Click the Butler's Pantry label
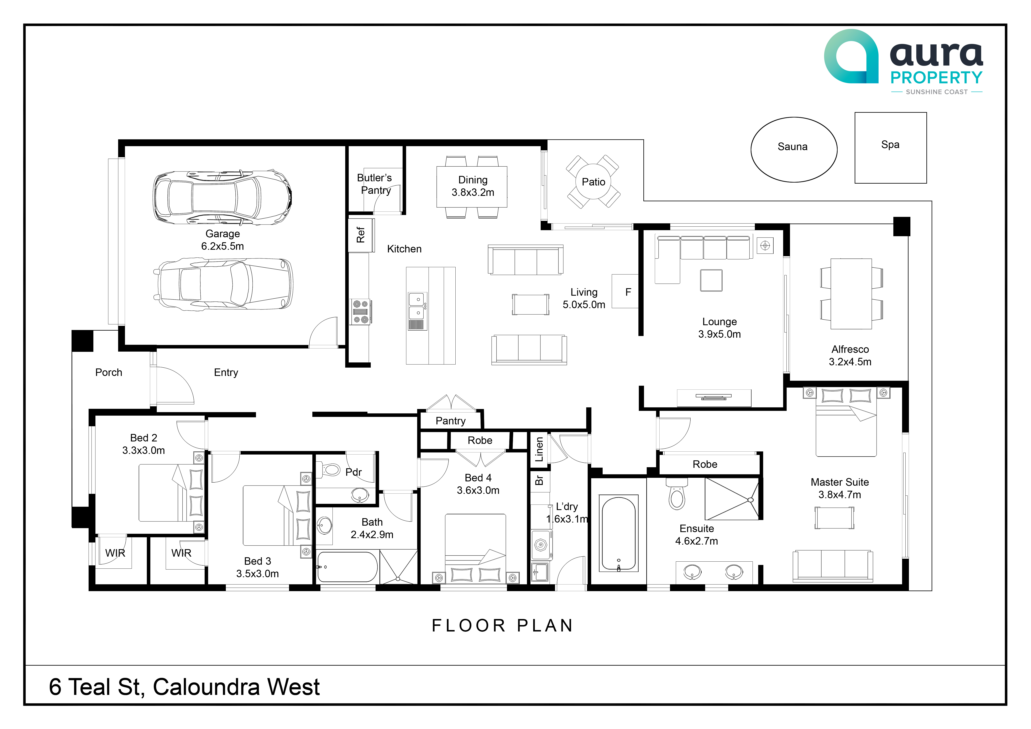point(375,184)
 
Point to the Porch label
point(109,372)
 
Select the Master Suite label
point(840,482)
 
